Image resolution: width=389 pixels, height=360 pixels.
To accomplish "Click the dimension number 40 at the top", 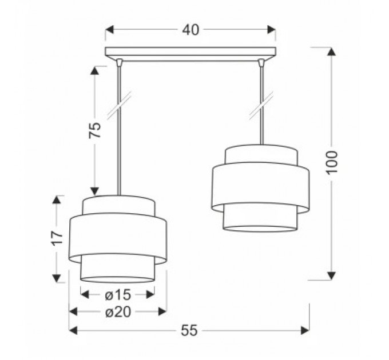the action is coord(190,30).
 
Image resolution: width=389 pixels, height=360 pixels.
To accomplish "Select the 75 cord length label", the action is coord(95,130).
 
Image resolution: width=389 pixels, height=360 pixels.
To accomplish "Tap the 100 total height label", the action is coord(332,162).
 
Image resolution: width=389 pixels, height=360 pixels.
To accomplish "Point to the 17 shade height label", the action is coord(57,238).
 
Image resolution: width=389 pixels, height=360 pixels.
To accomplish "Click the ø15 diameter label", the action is coord(118,295).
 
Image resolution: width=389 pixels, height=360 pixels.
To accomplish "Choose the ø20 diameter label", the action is coord(118,312).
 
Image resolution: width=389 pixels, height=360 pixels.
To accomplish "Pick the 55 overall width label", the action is coord(189,330).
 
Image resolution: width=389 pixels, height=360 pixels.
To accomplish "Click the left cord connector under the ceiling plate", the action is coord(120,62).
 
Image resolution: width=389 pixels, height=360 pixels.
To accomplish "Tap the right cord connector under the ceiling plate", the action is coord(261,62).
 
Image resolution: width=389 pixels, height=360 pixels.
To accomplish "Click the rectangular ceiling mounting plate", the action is coord(190,52).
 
